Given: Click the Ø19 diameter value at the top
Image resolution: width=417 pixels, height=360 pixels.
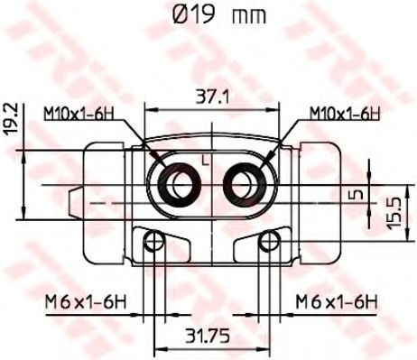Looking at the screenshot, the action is pos(194,14).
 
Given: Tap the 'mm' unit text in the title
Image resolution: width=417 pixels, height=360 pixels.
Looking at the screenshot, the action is pos(249,16).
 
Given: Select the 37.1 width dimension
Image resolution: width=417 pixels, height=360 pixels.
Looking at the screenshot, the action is pos(212,97).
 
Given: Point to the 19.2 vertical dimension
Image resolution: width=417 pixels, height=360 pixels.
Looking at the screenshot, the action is pos(12,119).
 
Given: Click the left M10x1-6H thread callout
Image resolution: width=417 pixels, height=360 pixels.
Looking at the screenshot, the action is pos(79,114).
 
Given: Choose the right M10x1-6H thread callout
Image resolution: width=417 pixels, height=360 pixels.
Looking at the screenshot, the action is pos(346,114).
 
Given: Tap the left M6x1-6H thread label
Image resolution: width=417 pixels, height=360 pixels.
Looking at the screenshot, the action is pos(85,301).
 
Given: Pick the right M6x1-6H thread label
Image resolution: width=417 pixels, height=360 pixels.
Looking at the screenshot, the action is pos(337,301).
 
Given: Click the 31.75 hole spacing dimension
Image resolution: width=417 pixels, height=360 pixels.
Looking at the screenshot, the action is pos(208,336).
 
